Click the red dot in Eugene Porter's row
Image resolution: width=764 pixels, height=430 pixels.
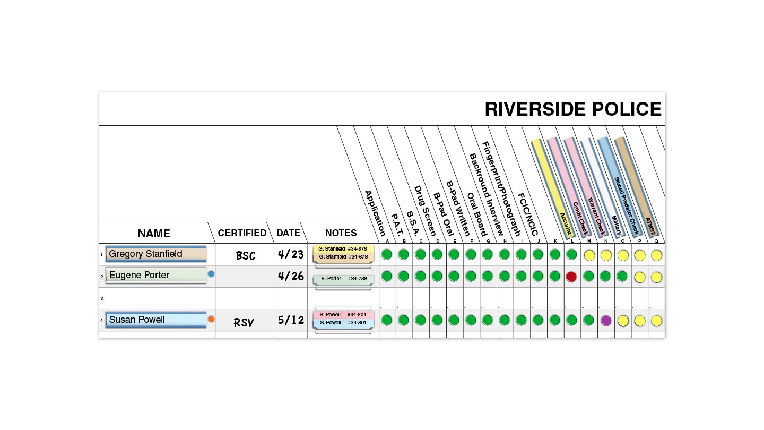coord(571,277)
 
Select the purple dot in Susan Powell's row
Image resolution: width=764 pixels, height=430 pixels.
coord(606,320)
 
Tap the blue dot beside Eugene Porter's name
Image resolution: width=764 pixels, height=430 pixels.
coord(211,274)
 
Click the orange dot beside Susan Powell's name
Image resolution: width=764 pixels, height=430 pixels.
coord(211,319)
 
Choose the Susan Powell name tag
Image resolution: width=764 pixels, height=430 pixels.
coord(155,320)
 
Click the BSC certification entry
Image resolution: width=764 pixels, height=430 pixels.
coord(246,256)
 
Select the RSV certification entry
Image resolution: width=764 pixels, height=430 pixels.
coord(244,322)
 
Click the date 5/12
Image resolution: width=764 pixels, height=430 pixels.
coord(291,321)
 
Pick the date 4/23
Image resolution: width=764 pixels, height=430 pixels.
coord(291,254)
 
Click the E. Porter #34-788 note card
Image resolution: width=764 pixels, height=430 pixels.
coord(343,279)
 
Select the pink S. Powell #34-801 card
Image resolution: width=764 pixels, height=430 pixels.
coord(343,315)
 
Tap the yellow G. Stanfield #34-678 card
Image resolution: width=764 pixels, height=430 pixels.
coord(343,248)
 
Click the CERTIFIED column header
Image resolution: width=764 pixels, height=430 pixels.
coord(242,233)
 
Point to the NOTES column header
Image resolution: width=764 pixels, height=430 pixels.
coord(341,233)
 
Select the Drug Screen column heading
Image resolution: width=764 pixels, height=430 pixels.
coord(425,211)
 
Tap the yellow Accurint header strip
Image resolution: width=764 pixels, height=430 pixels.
coord(551,186)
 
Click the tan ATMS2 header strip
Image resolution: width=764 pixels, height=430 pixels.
coord(635,186)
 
